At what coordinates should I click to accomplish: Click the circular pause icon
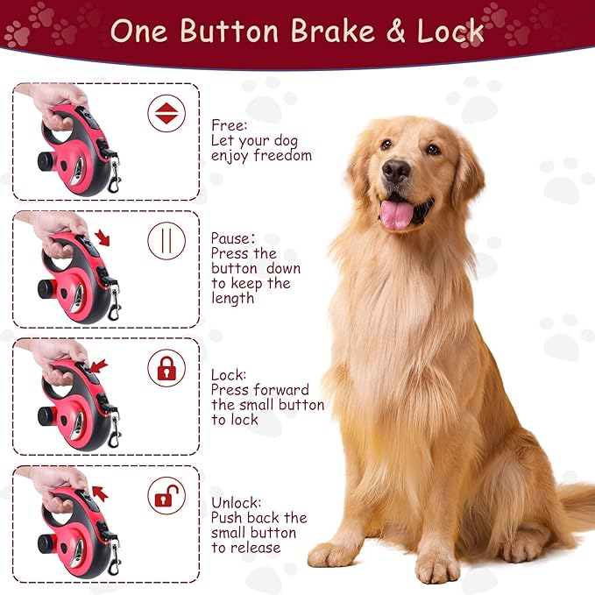click(166, 241)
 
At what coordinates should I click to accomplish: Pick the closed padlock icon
click(166, 368)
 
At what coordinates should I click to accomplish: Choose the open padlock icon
click(166, 495)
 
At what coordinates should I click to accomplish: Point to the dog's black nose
click(396, 170)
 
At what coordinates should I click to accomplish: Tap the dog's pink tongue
click(397, 213)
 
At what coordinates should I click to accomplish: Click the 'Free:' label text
click(228, 124)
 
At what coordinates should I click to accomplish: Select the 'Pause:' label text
click(233, 237)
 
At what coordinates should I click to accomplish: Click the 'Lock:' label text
click(229, 374)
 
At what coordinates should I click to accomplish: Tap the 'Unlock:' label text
click(236, 503)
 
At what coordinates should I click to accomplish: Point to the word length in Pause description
click(233, 298)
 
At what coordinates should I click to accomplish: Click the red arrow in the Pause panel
click(104, 237)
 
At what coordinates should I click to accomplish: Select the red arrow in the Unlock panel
click(100, 493)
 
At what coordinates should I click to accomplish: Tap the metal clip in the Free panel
click(115, 180)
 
